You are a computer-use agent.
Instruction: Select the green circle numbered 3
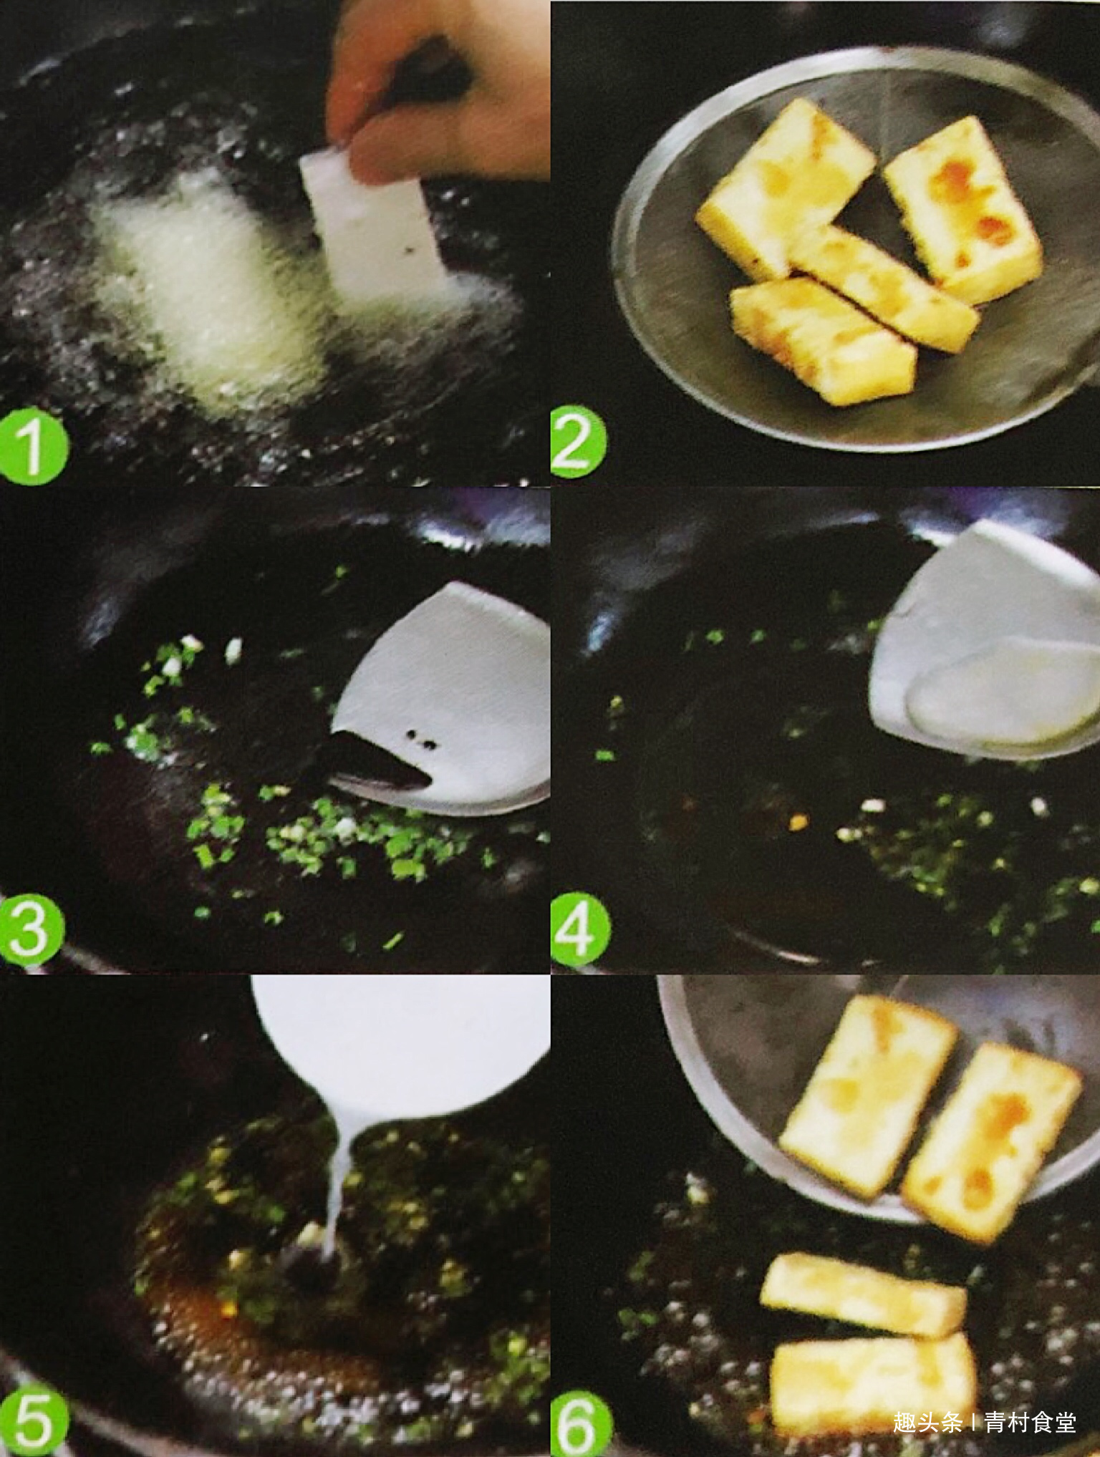tap(32, 929)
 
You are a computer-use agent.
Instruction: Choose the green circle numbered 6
tap(582, 1421)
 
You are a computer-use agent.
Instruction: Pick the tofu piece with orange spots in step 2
tap(963, 208)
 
